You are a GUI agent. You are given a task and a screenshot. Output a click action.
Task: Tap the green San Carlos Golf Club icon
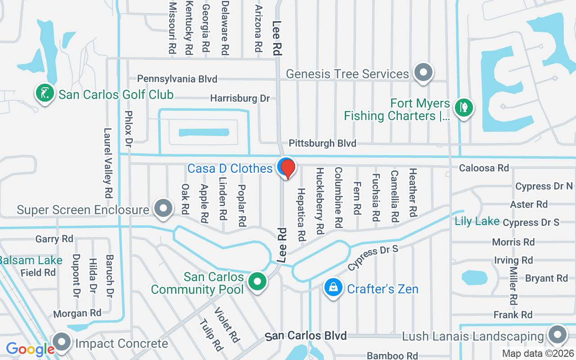45,94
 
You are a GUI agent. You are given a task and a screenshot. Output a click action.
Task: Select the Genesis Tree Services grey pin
423,72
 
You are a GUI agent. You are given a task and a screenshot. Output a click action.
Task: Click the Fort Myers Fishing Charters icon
463,108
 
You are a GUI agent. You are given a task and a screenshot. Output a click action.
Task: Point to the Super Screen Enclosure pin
163,208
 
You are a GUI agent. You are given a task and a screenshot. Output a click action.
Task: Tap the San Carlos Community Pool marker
257,282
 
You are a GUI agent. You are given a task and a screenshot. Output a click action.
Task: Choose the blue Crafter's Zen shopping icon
333,287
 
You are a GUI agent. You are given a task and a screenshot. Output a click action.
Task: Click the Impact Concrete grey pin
62,342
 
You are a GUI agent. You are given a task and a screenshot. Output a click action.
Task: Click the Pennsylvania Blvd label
177,79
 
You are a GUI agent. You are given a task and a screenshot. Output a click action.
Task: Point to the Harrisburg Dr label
240,98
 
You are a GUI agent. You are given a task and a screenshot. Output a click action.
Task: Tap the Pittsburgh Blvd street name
322,144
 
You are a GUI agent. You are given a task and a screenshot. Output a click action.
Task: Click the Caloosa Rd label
484,168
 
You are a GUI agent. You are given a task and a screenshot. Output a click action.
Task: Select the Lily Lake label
477,221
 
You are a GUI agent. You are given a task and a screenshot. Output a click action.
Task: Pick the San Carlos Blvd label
306,336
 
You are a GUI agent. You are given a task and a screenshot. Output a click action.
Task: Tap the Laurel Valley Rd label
108,163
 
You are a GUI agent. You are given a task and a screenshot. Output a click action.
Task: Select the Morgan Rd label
77,313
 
